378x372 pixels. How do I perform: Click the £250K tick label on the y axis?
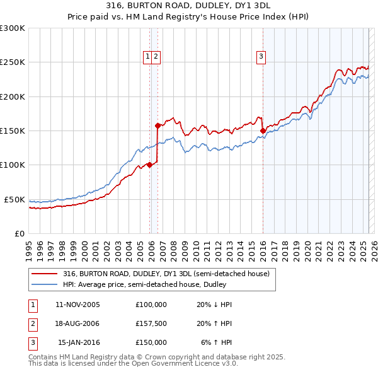[x=13, y=62]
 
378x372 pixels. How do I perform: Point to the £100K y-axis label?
[x=13, y=165]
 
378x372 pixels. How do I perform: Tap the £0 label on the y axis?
[x=19, y=233]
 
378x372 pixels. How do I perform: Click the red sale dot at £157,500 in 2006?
[x=157, y=125]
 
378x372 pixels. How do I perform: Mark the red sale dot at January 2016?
[x=262, y=131]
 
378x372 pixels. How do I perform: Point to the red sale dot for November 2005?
[x=149, y=165]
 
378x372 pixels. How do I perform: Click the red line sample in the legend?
[x=43, y=274]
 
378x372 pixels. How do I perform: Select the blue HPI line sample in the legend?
[x=43, y=284]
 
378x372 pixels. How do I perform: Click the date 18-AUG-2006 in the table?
[x=77, y=323]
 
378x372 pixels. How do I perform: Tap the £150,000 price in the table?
[x=151, y=342]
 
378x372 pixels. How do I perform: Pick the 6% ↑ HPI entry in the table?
[x=217, y=342]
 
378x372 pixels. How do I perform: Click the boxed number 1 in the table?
[x=31, y=305]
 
